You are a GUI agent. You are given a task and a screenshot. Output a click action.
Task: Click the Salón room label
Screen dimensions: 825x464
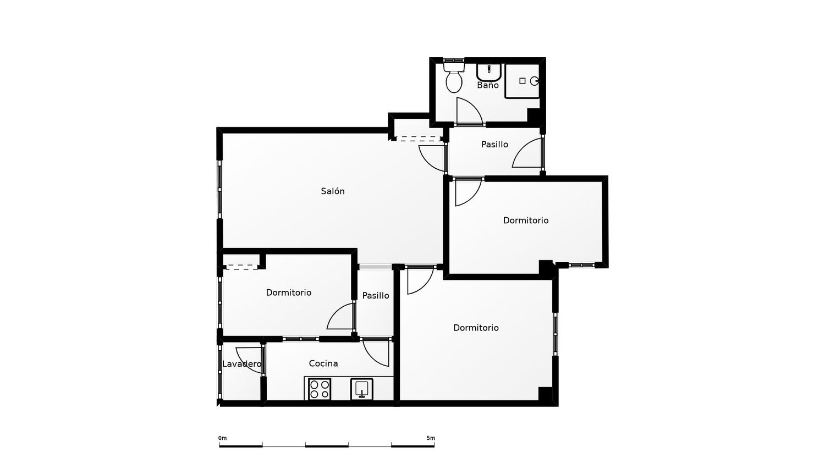point(333,191)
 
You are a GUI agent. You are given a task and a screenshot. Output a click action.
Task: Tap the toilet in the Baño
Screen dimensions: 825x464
point(454,78)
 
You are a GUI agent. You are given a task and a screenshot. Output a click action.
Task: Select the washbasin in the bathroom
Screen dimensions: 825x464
point(489,73)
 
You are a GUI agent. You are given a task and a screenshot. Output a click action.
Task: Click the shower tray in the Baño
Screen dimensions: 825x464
point(522,81)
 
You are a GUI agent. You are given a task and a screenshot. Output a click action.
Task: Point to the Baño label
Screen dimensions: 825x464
point(488,85)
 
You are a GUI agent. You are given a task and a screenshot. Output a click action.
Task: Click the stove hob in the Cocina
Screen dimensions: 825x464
point(320,389)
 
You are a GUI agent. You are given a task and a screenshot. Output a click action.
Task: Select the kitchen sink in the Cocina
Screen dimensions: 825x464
point(362,389)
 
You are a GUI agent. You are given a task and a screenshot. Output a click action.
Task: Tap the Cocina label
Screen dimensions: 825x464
point(323,363)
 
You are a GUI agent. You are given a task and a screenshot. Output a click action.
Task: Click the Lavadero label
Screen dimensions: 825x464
point(241,364)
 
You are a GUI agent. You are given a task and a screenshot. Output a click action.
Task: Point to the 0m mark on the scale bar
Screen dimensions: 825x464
point(222,438)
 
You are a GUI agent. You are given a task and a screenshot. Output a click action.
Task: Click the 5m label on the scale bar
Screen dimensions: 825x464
point(431,438)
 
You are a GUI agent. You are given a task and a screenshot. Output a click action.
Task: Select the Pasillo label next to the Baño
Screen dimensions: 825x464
point(494,145)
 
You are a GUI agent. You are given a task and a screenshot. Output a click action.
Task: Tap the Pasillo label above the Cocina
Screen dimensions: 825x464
point(375,295)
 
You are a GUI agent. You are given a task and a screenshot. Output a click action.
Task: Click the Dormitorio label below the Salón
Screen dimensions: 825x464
point(288,292)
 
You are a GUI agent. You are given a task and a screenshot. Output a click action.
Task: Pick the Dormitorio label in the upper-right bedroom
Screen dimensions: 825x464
point(526,220)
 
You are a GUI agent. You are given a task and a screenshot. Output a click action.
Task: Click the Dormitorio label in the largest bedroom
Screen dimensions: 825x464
point(476,328)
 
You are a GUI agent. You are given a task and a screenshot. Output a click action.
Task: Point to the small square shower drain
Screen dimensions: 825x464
point(522,81)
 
